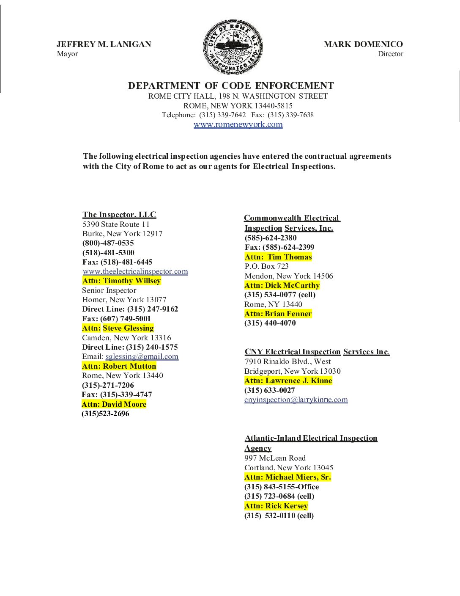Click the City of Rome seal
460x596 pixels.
[x=233, y=47]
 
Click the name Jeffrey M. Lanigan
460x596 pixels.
[x=104, y=44]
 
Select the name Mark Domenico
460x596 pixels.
[x=363, y=44]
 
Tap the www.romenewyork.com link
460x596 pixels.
[x=238, y=124]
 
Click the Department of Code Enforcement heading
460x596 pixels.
[x=231, y=86]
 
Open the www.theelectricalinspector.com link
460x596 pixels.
[x=135, y=271]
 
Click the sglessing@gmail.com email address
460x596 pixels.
[x=142, y=356]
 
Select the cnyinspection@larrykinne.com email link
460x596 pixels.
[x=296, y=400]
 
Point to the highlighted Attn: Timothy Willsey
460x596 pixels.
[x=122, y=281]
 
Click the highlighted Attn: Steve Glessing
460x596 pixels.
[x=118, y=328]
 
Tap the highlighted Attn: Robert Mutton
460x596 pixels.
[x=119, y=366]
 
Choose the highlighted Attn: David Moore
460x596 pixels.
[x=114, y=404]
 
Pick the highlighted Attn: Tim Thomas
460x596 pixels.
[x=278, y=257]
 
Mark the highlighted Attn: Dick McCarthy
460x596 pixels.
[x=282, y=285]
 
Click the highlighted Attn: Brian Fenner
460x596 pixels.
[x=278, y=314]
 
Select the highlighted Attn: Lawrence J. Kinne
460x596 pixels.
[x=288, y=381]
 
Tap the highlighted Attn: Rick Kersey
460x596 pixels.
[x=276, y=506]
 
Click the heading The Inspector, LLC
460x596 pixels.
[x=119, y=215]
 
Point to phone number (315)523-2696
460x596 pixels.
[x=106, y=414]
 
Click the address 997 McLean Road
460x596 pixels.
[x=275, y=458]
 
